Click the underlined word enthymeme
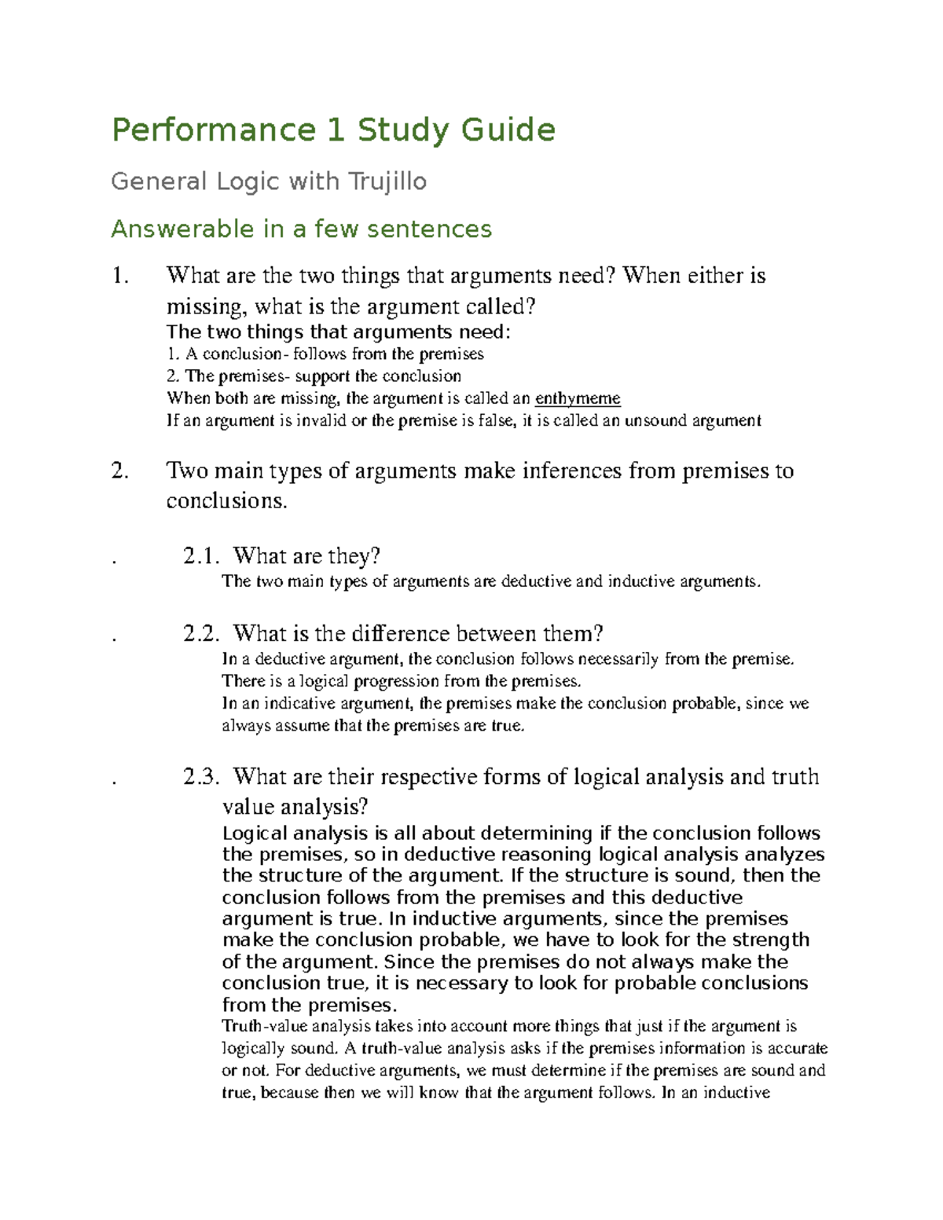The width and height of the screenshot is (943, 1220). (578, 398)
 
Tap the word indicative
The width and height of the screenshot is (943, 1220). (299, 703)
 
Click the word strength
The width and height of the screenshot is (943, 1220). (770, 940)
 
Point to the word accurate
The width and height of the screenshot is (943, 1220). (798, 1049)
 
